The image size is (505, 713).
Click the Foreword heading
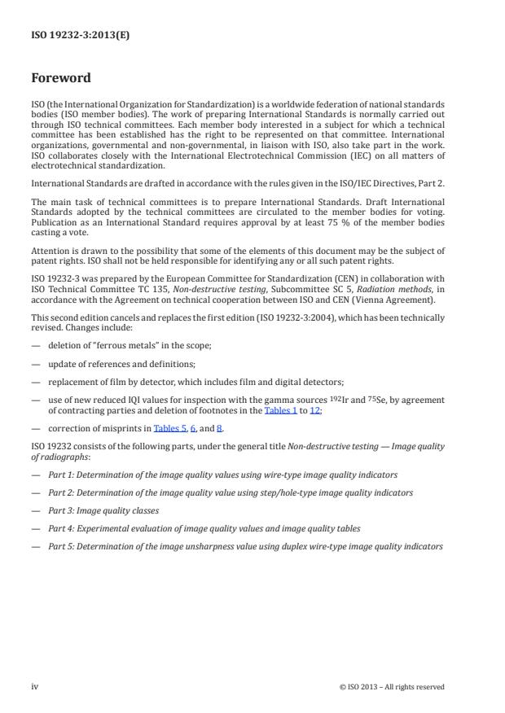click(x=61, y=79)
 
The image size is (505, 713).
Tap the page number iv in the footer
click(x=34, y=686)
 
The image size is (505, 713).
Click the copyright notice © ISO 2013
click(x=392, y=687)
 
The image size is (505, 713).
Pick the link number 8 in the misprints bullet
click(x=218, y=427)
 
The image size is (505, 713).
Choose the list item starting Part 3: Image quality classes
click(x=103, y=510)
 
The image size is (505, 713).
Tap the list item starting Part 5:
click(x=245, y=546)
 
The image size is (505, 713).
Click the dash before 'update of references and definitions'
click(x=35, y=363)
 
